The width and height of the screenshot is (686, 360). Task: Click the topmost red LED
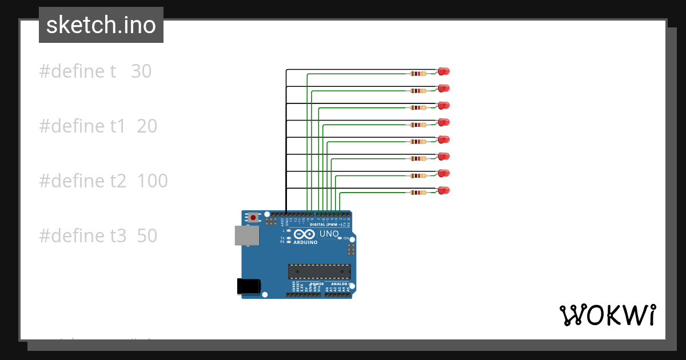point(444,71)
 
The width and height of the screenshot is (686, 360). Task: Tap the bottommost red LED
point(444,190)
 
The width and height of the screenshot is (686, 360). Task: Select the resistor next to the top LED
point(418,74)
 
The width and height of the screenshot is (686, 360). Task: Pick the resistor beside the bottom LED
point(418,193)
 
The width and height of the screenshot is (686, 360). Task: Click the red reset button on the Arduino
point(253,217)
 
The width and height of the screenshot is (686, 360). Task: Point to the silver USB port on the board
point(246,235)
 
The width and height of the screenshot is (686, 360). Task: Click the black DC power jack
point(249,286)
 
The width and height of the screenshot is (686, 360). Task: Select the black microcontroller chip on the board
point(319,271)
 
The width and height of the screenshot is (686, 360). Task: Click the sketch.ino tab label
point(101,25)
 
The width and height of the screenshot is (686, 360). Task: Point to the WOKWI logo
point(607,315)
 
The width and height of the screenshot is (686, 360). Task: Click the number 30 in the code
point(141,71)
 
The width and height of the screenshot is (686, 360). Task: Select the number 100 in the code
point(153,181)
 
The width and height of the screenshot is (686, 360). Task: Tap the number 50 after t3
point(147,236)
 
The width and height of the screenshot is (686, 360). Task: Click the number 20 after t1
point(147,126)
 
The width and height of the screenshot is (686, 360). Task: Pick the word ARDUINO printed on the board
point(306,242)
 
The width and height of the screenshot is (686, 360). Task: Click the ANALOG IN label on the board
point(340,283)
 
